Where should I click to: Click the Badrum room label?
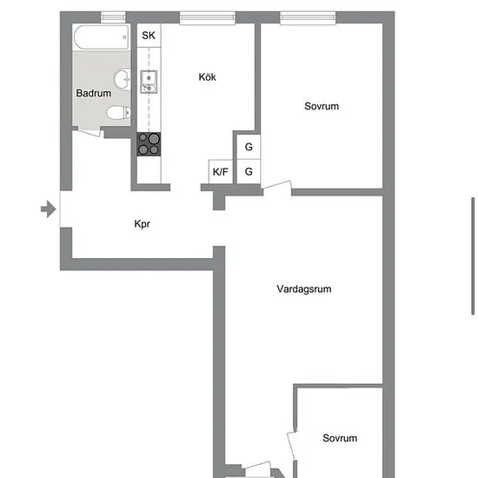[93, 93]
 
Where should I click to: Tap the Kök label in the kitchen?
[208, 76]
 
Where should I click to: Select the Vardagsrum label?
[304, 289]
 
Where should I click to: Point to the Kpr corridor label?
[142, 224]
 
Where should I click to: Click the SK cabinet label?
[149, 36]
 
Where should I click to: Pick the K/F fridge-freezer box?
[221, 171]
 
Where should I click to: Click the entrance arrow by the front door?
[49, 209]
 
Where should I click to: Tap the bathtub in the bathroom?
[101, 37]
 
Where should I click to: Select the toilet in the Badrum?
[118, 112]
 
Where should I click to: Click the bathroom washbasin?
[123, 79]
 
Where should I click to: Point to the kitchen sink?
[149, 82]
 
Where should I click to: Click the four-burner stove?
[149, 144]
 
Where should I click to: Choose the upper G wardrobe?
[249, 147]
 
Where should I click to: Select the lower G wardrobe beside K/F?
[249, 171]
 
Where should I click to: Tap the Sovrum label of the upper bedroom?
[322, 106]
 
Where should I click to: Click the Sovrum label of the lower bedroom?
[340, 438]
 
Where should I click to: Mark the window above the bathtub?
[113, 17]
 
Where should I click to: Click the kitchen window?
[208, 17]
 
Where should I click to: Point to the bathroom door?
[88, 132]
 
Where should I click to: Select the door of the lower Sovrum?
[292, 446]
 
